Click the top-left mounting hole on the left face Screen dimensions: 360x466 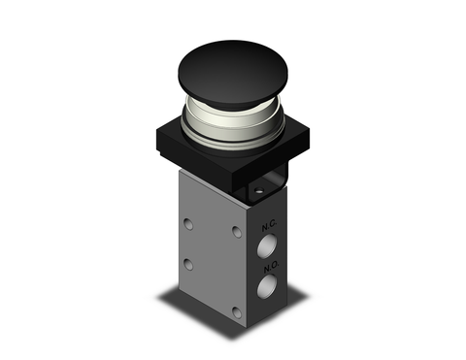187,224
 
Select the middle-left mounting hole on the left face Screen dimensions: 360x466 188,264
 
